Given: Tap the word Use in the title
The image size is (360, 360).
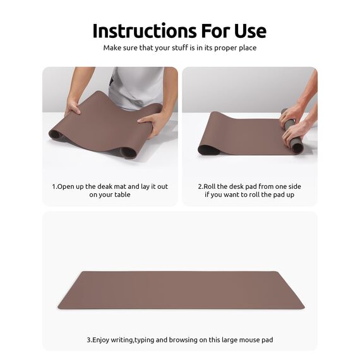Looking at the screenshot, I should pyautogui.click(x=249, y=31).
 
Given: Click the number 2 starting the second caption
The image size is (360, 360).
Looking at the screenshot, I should pyautogui.click(x=200, y=187).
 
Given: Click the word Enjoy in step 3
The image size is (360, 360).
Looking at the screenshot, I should pyautogui.click(x=103, y=340).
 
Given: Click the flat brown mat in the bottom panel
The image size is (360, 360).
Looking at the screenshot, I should pyautogui.click(x=181, y=290).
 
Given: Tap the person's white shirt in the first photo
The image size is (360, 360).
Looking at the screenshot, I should pyautogui.click(x=135, y=85).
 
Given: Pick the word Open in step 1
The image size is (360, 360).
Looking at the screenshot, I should pyautogui.click(x=66, y=187).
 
